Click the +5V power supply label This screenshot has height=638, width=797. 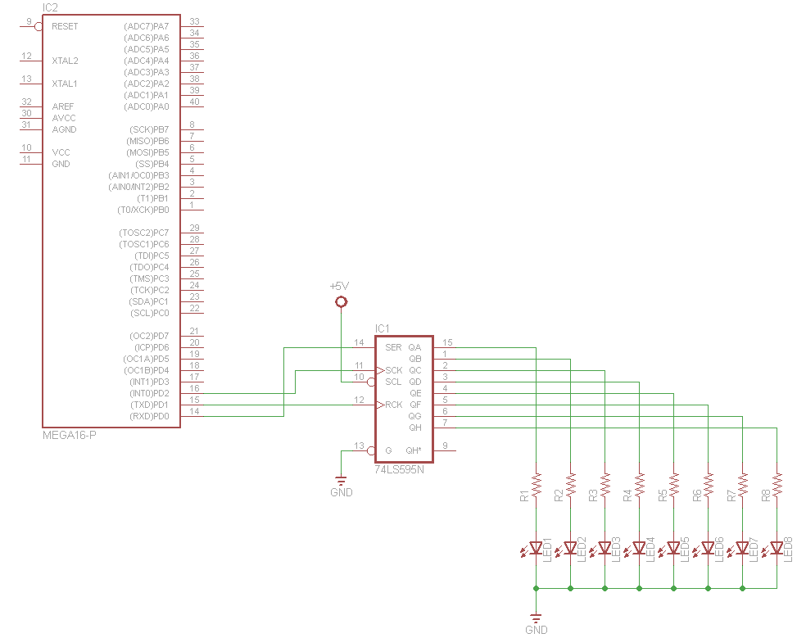(x=338, y=286)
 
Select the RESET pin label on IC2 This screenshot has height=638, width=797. (x=65, y=26)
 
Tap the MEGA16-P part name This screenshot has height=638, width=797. (x=69, y=434)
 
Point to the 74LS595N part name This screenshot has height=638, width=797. (x=401, y=470)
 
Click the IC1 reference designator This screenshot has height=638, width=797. (x=383, y=329)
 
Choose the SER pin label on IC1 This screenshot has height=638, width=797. (x=393, y=347)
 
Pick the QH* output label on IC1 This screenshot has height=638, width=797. (x=414, y=450)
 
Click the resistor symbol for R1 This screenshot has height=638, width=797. (x=537, y=484)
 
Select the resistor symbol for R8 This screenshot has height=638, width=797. (x=777, y=484)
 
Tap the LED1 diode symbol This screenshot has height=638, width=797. (x=537, y=547)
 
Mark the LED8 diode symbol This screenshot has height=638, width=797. (x=777, y=547)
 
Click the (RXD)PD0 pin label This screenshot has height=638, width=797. (x=150, y=416)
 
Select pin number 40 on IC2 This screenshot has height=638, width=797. (x=194, y=102)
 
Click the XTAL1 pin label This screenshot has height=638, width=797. (x=65, y=84)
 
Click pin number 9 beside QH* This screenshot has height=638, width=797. (x=445, y=446)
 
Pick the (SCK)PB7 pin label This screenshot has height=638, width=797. (x=149, y=129)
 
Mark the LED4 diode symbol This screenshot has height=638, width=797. (x=640, y=547)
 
